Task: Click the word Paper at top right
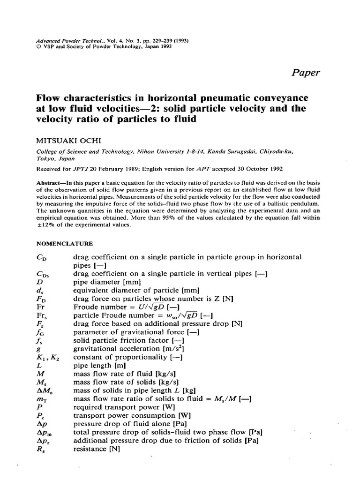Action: (x=306, y=72)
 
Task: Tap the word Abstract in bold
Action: (x=50, y=182)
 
